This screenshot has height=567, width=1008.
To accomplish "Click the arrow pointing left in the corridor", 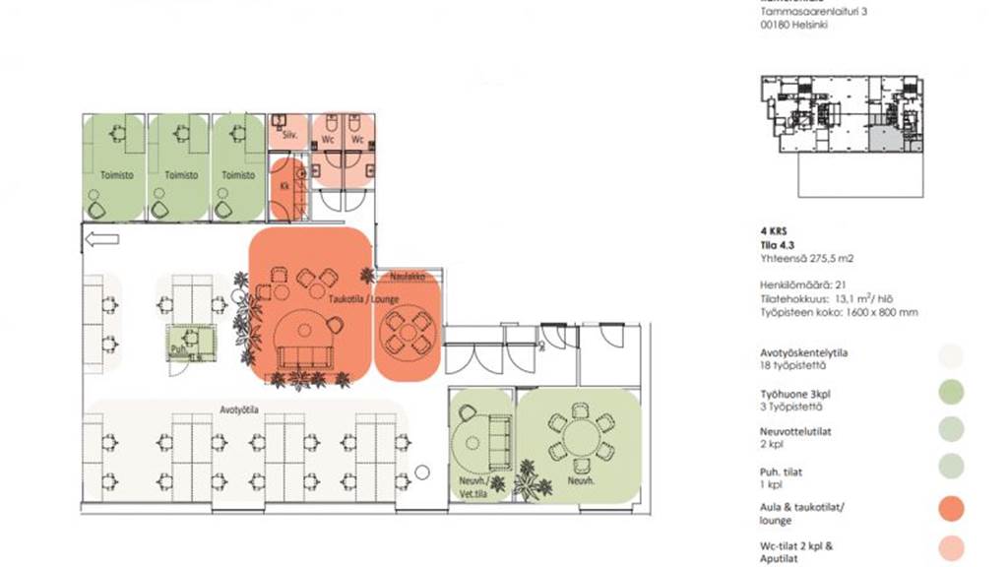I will coord(102,238).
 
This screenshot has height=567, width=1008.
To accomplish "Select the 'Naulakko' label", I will coord(406,276).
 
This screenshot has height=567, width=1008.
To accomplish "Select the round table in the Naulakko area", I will coord(407,331).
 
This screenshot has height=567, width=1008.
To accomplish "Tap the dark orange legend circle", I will coord(950,509).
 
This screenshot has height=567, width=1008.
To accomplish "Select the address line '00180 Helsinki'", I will coord(793,26).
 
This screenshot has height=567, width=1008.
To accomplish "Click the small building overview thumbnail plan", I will coord(842,116).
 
